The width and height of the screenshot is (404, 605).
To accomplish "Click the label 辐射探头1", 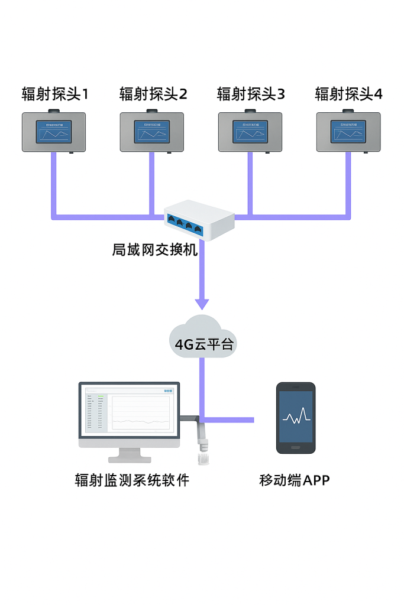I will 55,94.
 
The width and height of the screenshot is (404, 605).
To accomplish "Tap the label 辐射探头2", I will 153,94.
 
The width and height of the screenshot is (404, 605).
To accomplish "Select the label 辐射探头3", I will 251,94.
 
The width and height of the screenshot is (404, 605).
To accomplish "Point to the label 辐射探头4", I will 348,94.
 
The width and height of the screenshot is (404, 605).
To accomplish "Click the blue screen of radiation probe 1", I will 54,132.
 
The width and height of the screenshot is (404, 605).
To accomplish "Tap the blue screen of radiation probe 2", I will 152,132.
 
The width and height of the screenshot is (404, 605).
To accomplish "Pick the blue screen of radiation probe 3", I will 250,132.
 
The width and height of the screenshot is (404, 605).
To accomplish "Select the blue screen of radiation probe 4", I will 348,132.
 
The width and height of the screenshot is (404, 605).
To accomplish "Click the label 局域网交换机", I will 154,250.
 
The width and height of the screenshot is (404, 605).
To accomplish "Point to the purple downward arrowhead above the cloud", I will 202,304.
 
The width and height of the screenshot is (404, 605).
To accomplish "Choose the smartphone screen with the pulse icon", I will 296,418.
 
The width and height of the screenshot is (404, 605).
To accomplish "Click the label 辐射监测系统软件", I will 132,480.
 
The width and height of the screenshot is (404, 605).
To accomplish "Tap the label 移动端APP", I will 295,480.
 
